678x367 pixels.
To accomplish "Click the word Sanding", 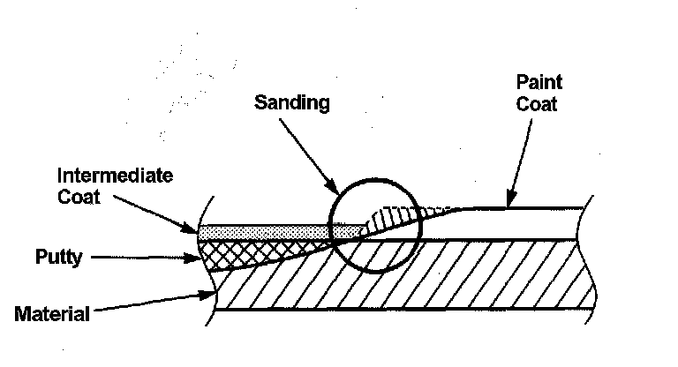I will click(291, 102).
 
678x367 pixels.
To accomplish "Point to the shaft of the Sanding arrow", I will click(305, 150).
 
